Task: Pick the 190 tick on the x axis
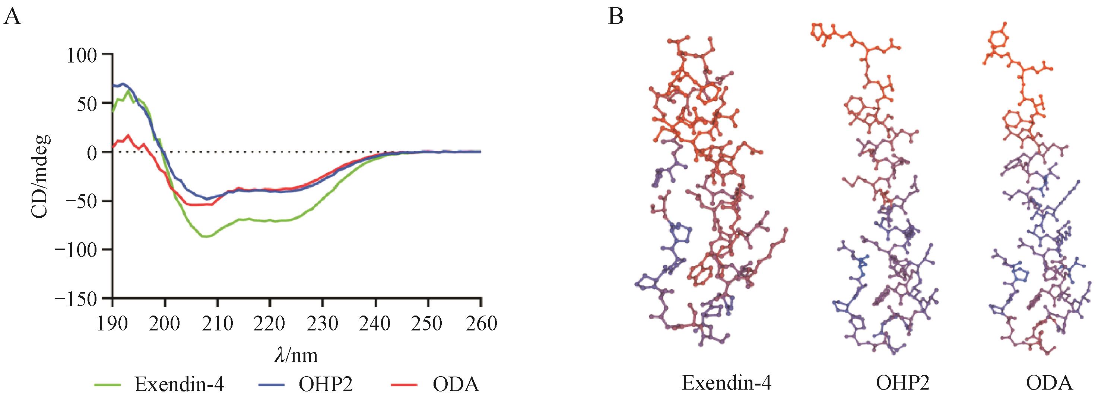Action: pos(112,324)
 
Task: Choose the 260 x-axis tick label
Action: pos(480,324)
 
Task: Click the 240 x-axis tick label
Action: pos(375,324)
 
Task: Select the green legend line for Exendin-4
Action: pos(108,384)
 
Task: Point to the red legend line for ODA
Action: pos(404,384)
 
